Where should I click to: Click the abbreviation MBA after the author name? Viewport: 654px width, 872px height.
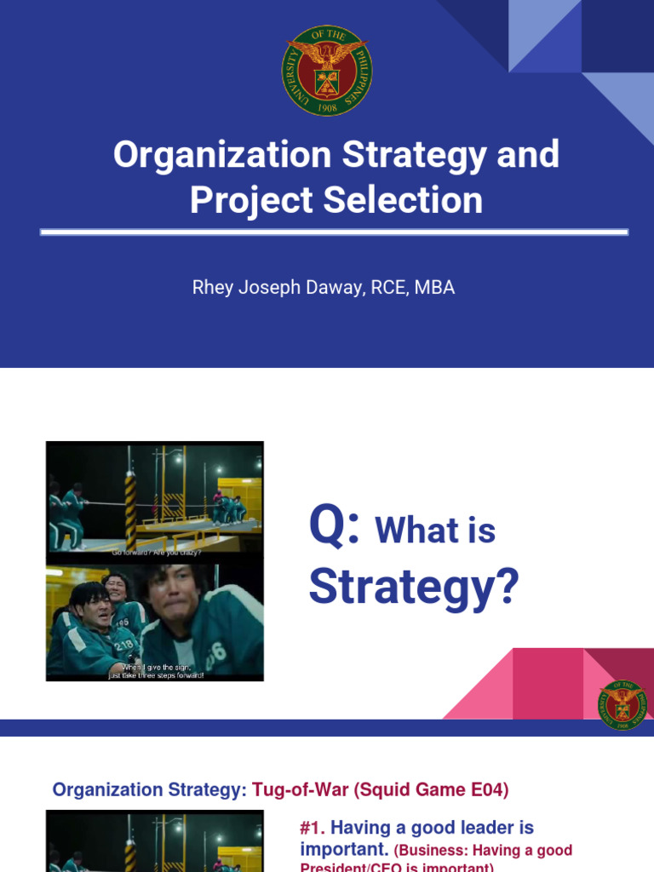[x=434, y=288]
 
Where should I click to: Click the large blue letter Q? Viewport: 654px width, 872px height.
[x=334, y=528]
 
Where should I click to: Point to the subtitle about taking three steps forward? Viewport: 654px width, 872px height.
[x=156, y=671]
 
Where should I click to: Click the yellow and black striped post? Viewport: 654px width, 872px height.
[x=131, y=502]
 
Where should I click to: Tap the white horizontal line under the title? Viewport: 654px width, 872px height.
[x=334, y=232]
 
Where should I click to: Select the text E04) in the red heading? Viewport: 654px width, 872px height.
[x=490, y=790]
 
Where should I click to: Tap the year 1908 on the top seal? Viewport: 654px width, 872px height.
[x=327, y=109]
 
